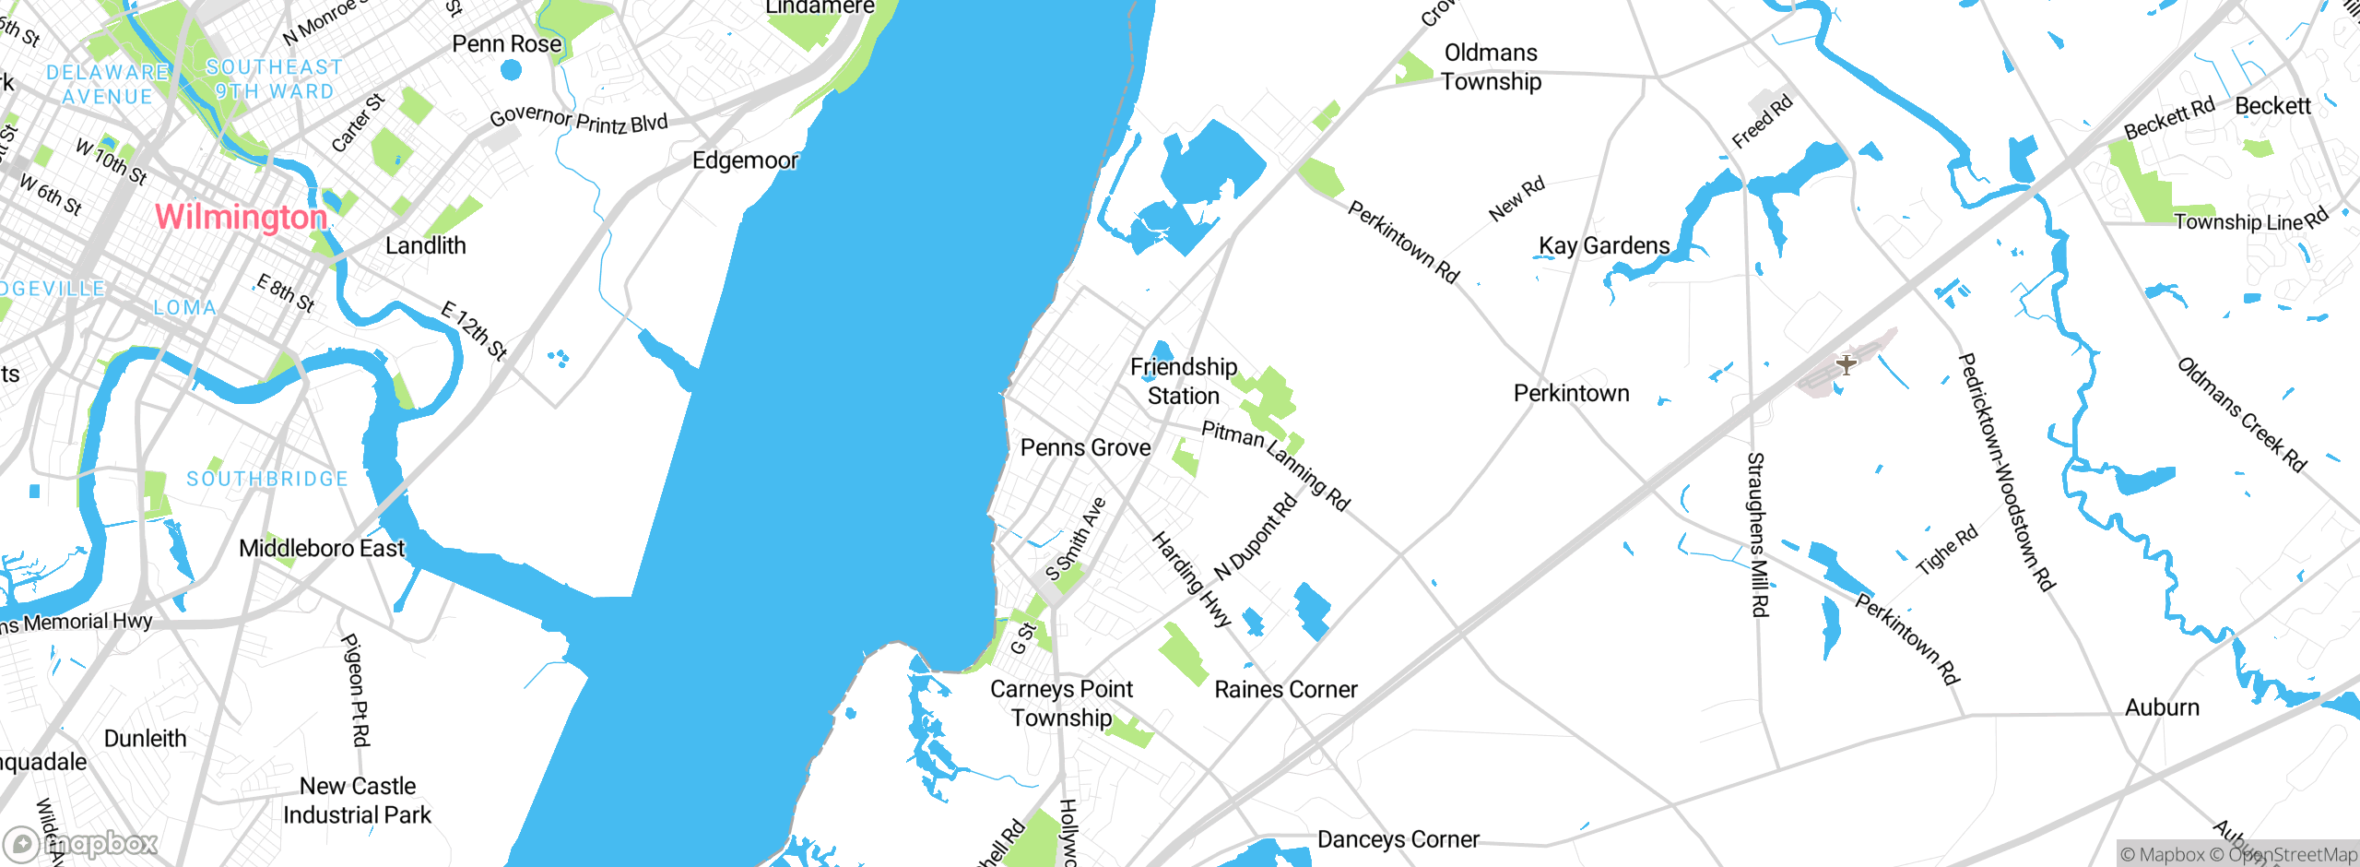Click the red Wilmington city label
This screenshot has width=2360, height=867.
point(241,217)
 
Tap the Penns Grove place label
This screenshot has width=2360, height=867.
point(1085,447)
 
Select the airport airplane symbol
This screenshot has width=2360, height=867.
point(1846,364)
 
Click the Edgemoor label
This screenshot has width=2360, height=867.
point(745,160)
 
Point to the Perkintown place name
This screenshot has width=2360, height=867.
point(1571,394)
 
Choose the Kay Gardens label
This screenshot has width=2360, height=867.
point(1604,245)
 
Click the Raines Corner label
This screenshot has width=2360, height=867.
point(1285,689)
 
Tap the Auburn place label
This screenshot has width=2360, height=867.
point(2162,707)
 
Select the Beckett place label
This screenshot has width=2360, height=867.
point(2272,106)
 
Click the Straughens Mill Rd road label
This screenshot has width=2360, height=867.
point(1758,534)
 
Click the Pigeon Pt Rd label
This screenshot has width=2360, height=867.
point(356,689)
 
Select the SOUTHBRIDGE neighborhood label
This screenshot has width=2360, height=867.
point(267,479)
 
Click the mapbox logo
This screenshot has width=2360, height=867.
point(80,843)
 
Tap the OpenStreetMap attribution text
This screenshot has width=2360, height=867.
point(2292,855)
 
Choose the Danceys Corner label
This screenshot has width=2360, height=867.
point(1398,839)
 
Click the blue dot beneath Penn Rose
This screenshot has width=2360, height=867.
point(511,69)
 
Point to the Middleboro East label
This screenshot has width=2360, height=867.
point(322,549)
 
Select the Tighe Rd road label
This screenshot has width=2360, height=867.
point(1947,550)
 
